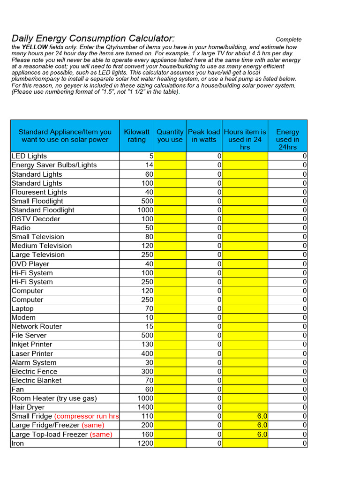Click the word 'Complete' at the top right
288,40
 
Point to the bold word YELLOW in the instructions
35,47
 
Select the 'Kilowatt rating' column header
136,136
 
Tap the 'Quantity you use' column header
170,136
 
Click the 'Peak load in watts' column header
204,136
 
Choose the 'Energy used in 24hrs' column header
287,139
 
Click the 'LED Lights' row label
29,156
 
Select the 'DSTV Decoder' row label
36,219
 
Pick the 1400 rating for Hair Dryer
145,407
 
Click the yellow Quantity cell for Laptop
170,308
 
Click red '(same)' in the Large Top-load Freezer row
101,435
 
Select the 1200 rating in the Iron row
145,443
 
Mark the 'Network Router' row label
37,326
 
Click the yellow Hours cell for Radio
245,228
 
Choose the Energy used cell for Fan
287,389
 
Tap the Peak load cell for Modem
204,317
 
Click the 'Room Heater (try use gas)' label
54,398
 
